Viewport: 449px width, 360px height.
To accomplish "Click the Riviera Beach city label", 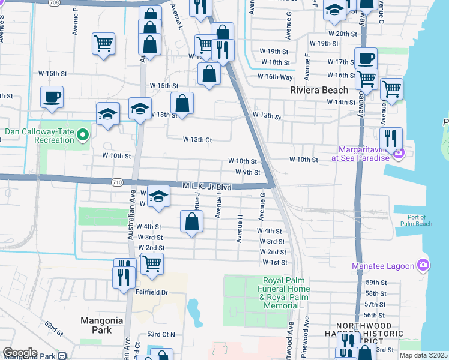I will click(x=318, y=90).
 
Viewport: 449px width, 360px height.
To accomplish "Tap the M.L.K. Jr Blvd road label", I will click(x=207, y=187).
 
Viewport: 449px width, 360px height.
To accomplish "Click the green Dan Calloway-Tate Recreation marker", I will click(x=83, y=137).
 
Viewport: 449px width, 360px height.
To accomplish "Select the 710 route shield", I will click(x=116, y=181).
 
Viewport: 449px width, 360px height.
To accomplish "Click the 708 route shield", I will click(x=55, y=2).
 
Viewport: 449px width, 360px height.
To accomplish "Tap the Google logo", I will click(x=20, y=353).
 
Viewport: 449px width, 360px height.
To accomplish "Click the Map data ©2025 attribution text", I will click(x=423, y=355).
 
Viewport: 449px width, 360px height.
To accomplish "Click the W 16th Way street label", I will click(x=275, y=76).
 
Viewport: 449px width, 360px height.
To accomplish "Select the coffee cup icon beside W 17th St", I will click(x=365, y=59).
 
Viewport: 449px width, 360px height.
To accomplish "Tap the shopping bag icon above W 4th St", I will click(x=191, y=221).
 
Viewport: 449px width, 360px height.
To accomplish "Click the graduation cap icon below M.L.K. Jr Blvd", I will click(x=158, y=197).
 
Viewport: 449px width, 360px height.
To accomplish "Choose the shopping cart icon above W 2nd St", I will click(x=152, y=263).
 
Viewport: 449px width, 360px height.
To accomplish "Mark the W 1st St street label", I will click(x=274, y=263).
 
